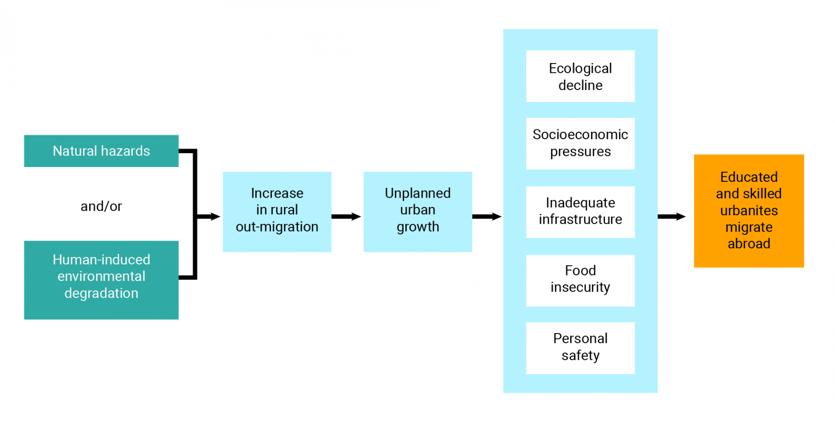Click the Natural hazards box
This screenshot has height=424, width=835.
101,151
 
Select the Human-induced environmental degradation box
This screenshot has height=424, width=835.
101,280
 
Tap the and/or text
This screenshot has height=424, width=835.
101,206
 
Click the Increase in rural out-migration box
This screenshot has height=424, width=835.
277,212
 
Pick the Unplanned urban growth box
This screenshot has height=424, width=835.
417,212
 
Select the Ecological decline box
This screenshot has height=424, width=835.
580,76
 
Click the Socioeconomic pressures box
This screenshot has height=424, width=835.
580,143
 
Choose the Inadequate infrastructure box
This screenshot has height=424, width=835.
580,212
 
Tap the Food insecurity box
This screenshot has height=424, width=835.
580,280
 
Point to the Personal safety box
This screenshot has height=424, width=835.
580,348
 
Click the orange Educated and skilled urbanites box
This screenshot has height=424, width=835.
749,211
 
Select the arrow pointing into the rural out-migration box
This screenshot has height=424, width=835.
209,217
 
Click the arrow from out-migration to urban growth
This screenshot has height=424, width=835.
347,217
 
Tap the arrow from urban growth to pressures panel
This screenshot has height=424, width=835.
487,217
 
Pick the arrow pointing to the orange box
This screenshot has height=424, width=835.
671,217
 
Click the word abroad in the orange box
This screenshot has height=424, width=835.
749,244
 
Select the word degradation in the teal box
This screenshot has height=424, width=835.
101,293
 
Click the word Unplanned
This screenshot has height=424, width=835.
417,193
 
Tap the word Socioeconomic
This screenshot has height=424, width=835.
580,135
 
